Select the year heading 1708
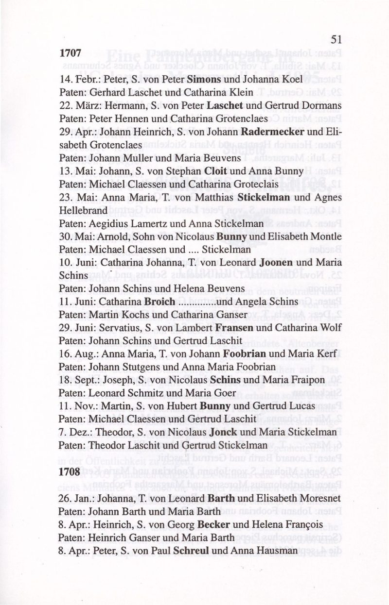coord(69,471)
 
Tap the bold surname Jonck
coord(223,431)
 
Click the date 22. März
coord(74,105)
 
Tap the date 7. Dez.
coord(71,431)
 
